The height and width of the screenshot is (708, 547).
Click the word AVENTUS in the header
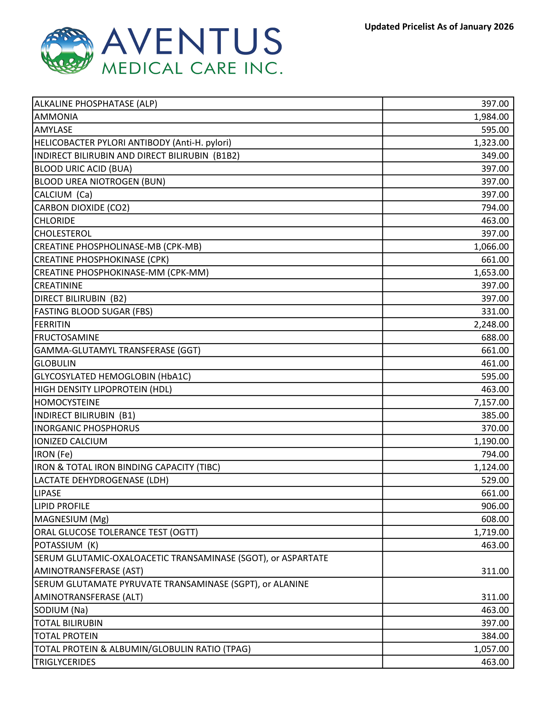192,41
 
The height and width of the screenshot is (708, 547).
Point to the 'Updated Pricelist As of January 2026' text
439,27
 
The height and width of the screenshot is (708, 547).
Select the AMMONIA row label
56,117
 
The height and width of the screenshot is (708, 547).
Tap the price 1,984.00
491,117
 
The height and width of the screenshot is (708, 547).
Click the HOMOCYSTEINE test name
67,402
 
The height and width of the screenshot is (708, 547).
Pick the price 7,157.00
491,402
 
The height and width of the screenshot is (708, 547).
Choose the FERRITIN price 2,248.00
491,324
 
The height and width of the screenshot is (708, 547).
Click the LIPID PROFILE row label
62,506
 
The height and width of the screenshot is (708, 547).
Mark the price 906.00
495,506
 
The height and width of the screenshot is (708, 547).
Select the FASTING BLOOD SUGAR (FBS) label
93,312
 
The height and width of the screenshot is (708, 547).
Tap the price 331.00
495,312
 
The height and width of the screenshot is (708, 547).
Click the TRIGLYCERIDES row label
65,662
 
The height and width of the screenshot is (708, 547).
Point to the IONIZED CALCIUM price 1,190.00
491,441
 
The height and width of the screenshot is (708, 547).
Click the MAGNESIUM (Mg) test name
72,519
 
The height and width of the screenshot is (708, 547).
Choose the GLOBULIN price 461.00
495,363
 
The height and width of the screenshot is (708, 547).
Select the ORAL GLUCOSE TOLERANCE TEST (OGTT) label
116,532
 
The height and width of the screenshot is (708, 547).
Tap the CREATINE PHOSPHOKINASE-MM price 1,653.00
491,273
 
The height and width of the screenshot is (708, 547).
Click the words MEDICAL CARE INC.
192,69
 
